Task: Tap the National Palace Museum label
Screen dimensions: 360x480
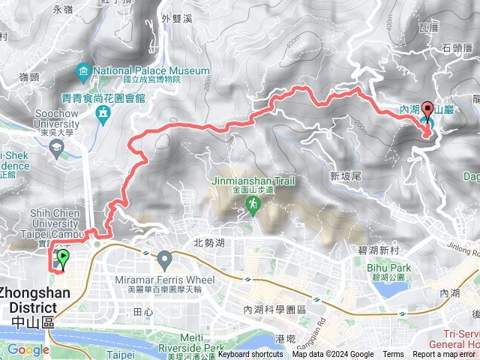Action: [x=151, y=71]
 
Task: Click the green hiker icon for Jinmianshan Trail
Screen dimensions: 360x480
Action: [x=253, y=203]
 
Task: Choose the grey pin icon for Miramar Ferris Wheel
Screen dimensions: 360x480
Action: [x=165, y=260]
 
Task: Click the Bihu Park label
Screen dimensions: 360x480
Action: [x=389, y=268]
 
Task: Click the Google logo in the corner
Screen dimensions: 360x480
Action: [x=28, y=349]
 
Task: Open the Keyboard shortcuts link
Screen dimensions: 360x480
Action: [x=250, y=355]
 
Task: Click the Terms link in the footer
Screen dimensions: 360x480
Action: [x=393, y=355]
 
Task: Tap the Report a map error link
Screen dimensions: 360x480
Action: [x=445, y=355]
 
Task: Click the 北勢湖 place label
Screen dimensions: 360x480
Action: [x=209, y=242]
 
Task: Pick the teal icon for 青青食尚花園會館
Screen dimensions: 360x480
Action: [x=103, y=113]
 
